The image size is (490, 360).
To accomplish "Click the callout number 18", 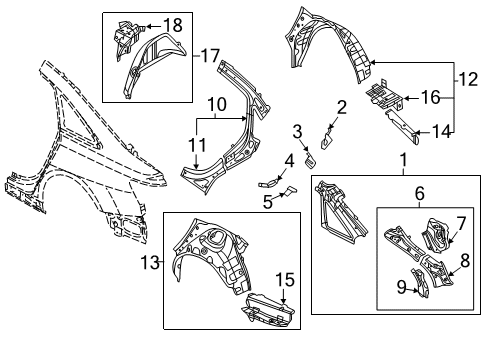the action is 173,25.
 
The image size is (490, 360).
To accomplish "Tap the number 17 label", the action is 210,56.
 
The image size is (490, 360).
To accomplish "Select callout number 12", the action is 468,79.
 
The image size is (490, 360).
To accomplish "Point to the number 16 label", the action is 431,97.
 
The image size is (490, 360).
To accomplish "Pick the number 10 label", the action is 217,104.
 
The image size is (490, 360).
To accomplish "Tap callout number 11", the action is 197,145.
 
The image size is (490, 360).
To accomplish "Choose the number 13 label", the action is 150,262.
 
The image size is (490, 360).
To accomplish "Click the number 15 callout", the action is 285,279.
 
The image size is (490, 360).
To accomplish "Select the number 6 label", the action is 420,193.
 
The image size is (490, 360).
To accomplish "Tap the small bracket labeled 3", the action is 311,159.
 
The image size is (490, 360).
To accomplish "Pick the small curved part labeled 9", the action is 421,283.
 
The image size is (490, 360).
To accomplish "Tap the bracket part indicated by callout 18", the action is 127,38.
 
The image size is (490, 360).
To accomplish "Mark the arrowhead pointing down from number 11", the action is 197,165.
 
